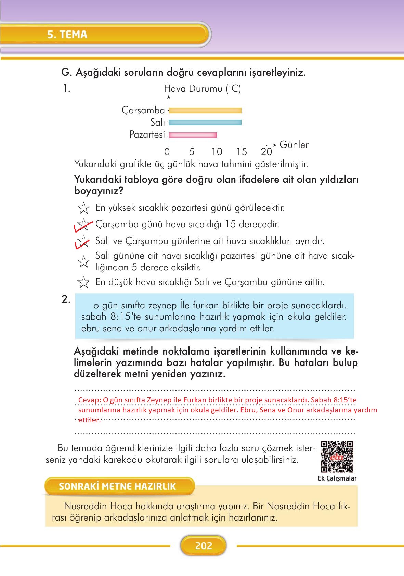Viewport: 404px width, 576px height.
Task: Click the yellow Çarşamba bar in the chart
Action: click(x=205, y=111)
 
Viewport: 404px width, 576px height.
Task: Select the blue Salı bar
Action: click(x=205, y=123)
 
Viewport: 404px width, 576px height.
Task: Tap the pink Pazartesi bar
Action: click(x=193, y=135)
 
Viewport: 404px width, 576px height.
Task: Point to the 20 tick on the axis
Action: click(x=266, y=152)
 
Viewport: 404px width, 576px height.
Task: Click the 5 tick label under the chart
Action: click(x=192, y=152)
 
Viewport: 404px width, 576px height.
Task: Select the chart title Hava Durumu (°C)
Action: click(x=202, y=89)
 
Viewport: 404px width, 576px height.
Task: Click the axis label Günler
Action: click(x=294, y=145)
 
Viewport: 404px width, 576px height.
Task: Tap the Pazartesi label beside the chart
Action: click(x=147, y=135)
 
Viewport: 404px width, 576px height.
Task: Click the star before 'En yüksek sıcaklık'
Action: click(x=83, y=208)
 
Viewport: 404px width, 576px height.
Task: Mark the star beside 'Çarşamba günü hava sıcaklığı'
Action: click(x=83, y=225)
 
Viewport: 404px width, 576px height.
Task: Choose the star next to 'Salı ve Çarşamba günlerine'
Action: click(x=83, y=241)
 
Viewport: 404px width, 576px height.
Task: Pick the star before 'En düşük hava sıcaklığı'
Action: click(x=83, y=282)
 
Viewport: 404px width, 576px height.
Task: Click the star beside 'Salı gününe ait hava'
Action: click(x=83, y=262)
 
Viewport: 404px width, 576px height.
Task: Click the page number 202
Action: click(x=204, y=546)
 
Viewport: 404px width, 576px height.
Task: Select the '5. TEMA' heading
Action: click(x=67, y=35)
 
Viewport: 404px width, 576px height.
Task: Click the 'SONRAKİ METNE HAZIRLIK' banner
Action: click(x=117, y=486)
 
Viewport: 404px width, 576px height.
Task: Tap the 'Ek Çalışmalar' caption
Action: click(x=337, y=478)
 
